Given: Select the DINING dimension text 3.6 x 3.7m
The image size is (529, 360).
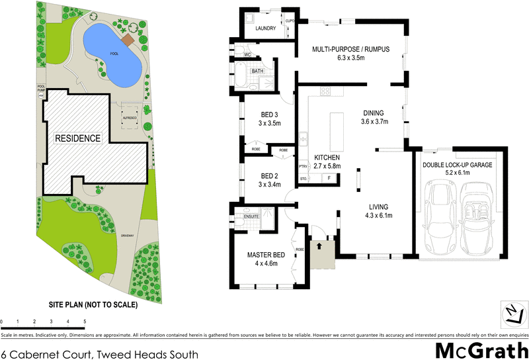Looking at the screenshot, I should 374,122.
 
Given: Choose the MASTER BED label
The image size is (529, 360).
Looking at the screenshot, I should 266,255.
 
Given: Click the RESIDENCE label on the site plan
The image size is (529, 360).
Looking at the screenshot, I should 77,138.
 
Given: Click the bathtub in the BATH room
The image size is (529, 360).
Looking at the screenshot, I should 240,77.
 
